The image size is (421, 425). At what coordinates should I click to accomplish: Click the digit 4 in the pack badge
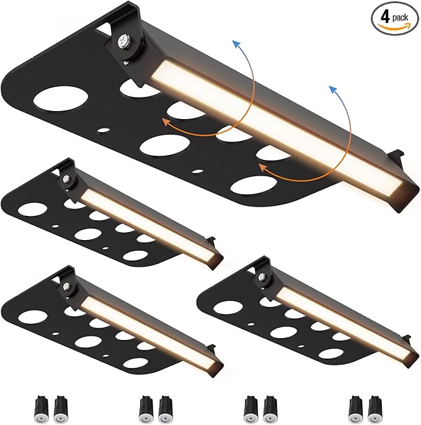click(385, 17)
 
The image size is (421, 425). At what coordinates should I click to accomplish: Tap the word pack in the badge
click(400, 18)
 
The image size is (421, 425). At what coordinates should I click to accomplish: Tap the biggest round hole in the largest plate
click(60, 99)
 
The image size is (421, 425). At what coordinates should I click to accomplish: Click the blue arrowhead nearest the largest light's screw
click(237, 43)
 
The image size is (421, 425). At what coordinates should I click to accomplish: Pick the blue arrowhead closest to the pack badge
click(333, 89)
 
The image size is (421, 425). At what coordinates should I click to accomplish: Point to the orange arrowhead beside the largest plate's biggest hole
click(166, 122)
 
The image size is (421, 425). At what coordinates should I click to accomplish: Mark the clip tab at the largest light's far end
click(396, 156)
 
